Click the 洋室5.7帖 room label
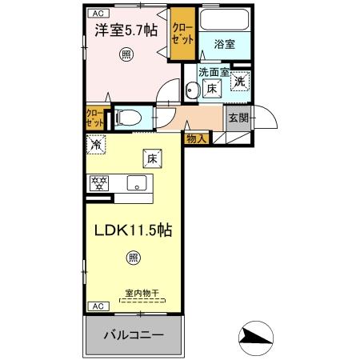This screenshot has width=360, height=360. tap(126, 32)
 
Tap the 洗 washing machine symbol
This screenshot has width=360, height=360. tap(240, 80)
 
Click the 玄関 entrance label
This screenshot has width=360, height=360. tap(238, 118)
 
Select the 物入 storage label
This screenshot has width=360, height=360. tap(196, 138)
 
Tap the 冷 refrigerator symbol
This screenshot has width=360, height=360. tap(95, 146)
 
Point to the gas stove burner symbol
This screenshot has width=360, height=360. tap(99, 182)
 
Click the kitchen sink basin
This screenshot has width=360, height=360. tap(137, 182)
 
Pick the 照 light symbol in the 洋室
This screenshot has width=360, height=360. tap(126, 54)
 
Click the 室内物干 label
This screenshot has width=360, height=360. tap(142, 293)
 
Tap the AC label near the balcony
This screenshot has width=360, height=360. tap(95, 306)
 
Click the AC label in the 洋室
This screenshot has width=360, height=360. tap(95, 14)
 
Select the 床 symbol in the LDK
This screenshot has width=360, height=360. tap(150, 158)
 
